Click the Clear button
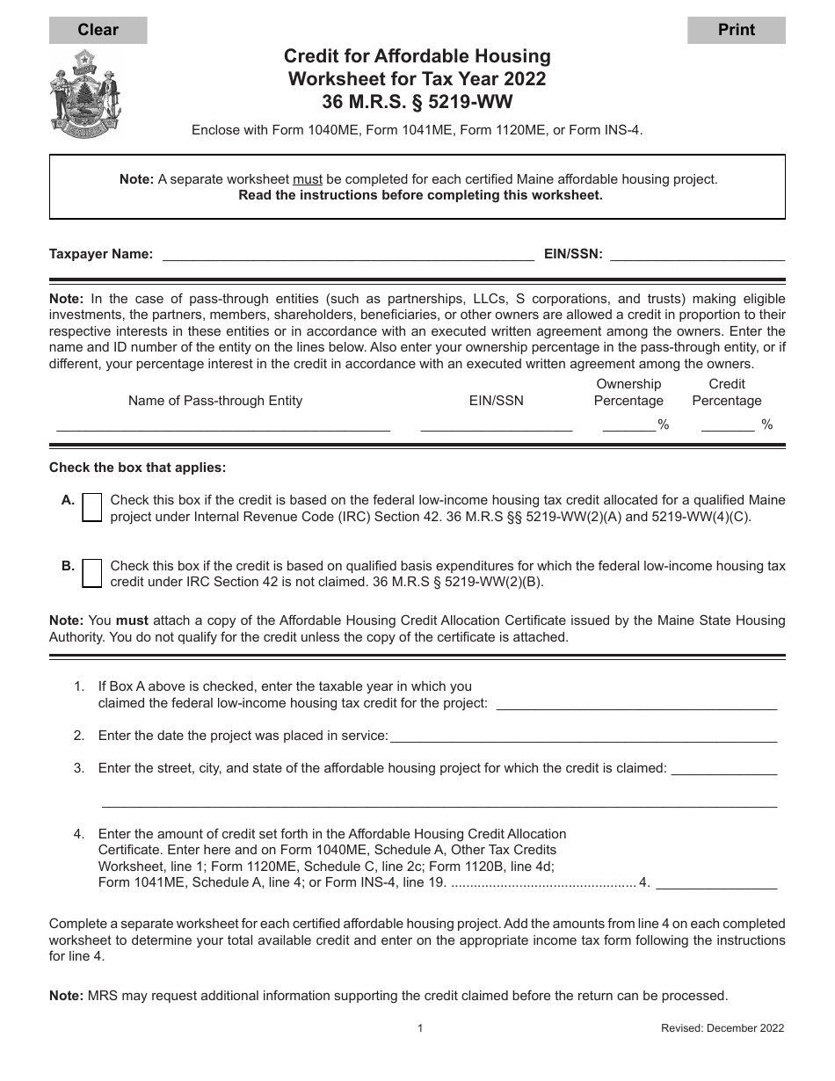[x=98, y=30]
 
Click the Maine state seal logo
[x=85, y=92]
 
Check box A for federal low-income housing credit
[x=91, y=508]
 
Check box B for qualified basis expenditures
[x=91, y=573]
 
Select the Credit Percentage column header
[x=727, y=392]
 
